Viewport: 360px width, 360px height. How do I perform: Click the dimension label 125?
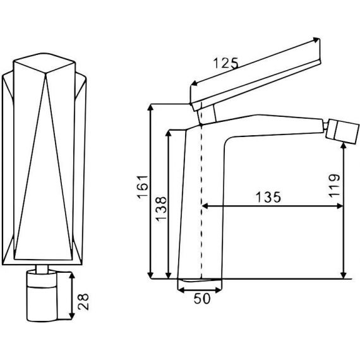click(x=226, y=63)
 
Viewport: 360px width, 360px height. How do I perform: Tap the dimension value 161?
click(x=143, y=187)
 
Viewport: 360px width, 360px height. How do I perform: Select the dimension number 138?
click(x=160, y=209)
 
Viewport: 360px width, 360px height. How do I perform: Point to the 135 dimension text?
click(x=268, y=197)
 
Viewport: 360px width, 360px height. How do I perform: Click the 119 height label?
click(x=334, y=186)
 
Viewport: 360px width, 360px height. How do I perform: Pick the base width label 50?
click(x=202, y=299)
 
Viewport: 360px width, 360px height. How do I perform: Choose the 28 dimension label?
click(x=83, y=301)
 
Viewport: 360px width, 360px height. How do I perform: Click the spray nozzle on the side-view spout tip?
click(x=343, y=131)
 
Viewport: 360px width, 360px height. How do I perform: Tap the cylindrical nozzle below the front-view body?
click(x=42, y=296)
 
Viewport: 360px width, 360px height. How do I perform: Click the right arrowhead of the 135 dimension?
click(x=340, y=206)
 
